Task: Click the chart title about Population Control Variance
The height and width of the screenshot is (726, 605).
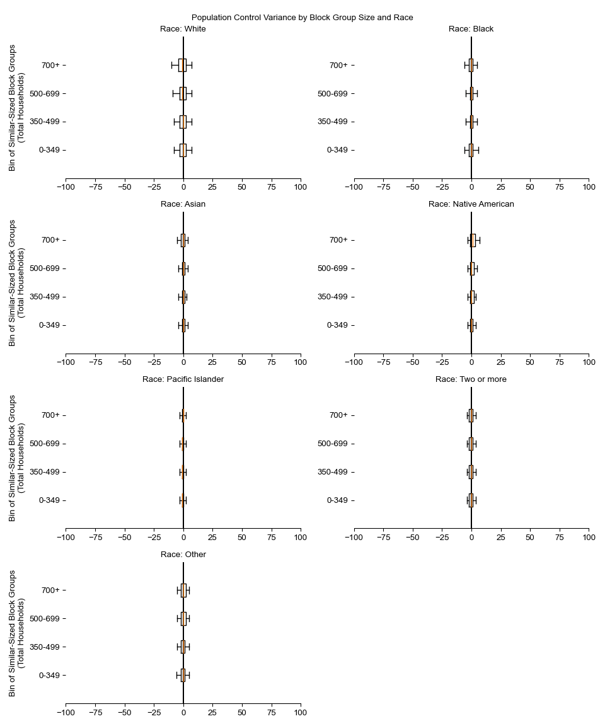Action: click(x=302, y=18)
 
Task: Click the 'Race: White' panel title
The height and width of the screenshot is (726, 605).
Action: click(x=183, y=29)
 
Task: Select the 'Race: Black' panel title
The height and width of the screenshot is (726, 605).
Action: click(x=471, y=29)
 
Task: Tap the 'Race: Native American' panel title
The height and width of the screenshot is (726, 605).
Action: click(x=471, y=204)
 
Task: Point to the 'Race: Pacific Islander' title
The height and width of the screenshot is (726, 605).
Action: click(x=183, y=379)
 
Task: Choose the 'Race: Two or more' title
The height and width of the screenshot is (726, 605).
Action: click(x=471, y=379)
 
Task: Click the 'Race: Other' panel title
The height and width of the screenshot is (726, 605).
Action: click(x=183, y=555)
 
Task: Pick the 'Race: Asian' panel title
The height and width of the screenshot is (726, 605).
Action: click(x=183, y=204)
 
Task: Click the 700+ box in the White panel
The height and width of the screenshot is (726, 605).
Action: click(x=182, y=65)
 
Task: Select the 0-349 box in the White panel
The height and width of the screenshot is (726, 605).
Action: click(x=183, y=150)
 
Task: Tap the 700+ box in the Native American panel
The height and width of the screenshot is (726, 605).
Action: click(x=473, y=240)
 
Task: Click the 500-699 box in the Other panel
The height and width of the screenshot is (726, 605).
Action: click(x=183, y=619)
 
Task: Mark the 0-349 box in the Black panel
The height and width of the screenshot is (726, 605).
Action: click(x=471, y=150)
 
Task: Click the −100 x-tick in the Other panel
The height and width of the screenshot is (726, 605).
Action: click(x=66, y=713)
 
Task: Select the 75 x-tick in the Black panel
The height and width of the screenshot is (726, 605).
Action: click(x=559, y=187)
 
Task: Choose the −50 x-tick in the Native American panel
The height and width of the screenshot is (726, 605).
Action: click(x=413, y=362)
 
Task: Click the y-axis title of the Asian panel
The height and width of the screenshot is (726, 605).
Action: click(x=18, y=282)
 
